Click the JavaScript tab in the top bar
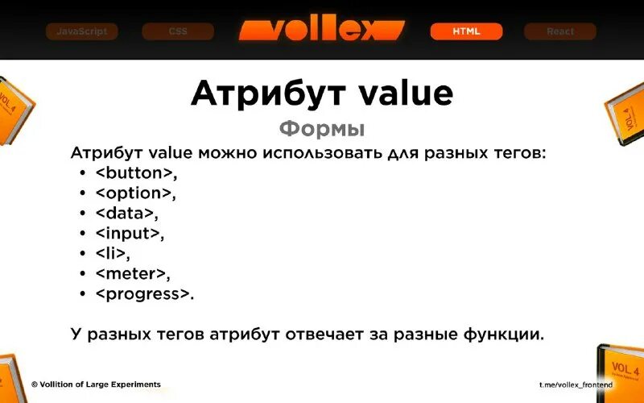coord(81,31)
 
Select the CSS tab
coord(178,31)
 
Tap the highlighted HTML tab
coord(466,31)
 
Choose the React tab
coord(560,31)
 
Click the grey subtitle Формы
coord(322,129)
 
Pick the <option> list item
coord(134,193)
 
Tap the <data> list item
coord(126,214)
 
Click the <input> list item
coord(129,234)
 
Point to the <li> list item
coord(112,254)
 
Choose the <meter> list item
coord(132,274)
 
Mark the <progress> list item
coord(145,294)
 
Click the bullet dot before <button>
coord(83,173)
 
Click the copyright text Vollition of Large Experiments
coord(96,384)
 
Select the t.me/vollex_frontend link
coord(576,385)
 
